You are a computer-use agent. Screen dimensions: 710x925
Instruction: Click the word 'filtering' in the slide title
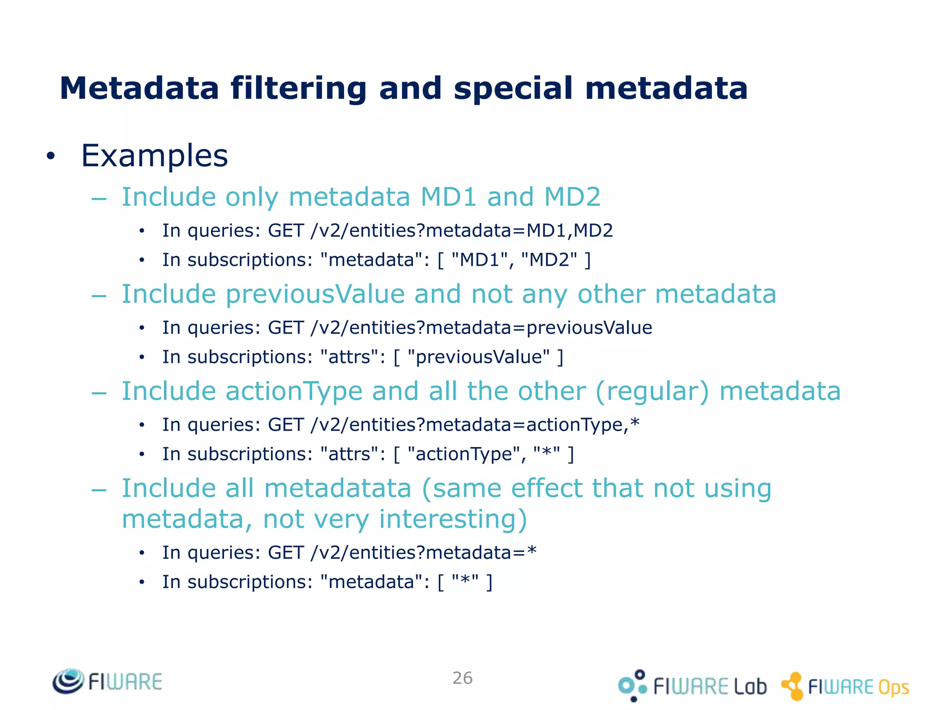[299, 88]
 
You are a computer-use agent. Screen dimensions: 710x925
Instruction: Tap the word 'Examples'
[154, 156]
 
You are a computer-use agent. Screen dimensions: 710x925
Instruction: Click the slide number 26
[462, 678]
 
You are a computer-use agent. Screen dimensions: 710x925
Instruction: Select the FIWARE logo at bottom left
[107, 682]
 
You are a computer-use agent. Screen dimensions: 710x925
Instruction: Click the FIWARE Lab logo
[692, 686]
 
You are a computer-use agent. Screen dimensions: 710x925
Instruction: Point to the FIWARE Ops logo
[845, 686]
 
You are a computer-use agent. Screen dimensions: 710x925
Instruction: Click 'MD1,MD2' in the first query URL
[570, 231]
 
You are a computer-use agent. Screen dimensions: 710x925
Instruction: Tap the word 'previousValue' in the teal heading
[315, 294]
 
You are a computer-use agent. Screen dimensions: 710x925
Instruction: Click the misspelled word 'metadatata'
[337, 488]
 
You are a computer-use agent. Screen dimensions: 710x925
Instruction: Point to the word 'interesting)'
[453, 519]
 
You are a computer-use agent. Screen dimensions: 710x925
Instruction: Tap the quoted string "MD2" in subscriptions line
[549, 260]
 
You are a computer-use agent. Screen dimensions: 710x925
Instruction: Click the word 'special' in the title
[513, 88]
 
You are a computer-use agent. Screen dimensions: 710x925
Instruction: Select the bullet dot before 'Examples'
[51, 156]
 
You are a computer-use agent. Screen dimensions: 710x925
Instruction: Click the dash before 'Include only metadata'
[99, 198]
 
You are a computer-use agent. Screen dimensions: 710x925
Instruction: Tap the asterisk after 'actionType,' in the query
[635, 423]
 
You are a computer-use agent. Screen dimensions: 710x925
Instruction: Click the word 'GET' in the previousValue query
[285, 328]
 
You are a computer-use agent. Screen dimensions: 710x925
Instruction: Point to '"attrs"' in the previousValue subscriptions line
[352, 357]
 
